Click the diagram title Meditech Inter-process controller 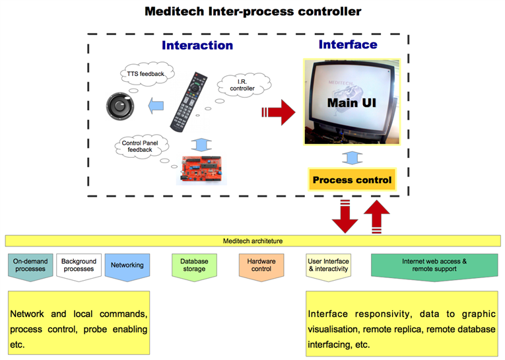(x=253, y=11)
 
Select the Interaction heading (x=197, y=45)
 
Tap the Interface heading (x=348, y=44)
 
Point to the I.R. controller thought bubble (x=242, y=85)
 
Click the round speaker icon (x=121, y=106)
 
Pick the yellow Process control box (x=352, y=180)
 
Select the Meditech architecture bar (x=253, y=241)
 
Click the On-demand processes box (x=30, y=266)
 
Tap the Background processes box (x=78, y=266)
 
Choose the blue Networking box (x=127, y=266)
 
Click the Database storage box (x=194, y=266)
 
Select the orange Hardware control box (x=261, y=266)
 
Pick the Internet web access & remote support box (x=434, y=266)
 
